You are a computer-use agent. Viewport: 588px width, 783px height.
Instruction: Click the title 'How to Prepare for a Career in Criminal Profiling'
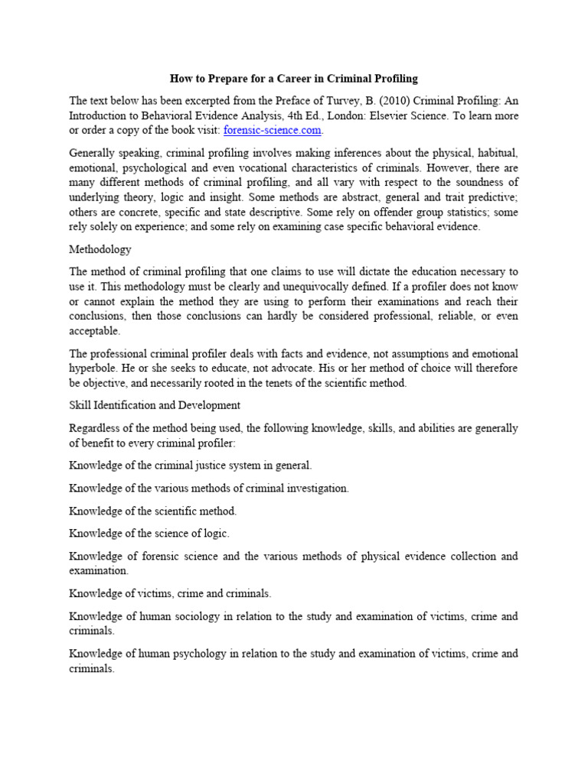tap(293, 79)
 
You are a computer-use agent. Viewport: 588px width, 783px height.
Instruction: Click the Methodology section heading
tap(100, 249)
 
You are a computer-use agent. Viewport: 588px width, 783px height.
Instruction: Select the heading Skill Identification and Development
tap(155, 404)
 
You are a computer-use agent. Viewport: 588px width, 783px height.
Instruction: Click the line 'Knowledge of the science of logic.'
tap(149, 532)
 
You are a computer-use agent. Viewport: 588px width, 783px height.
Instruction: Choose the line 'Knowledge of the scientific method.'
tap(152, 510)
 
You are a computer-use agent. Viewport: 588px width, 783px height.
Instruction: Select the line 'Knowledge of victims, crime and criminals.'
tap(170, 593)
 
